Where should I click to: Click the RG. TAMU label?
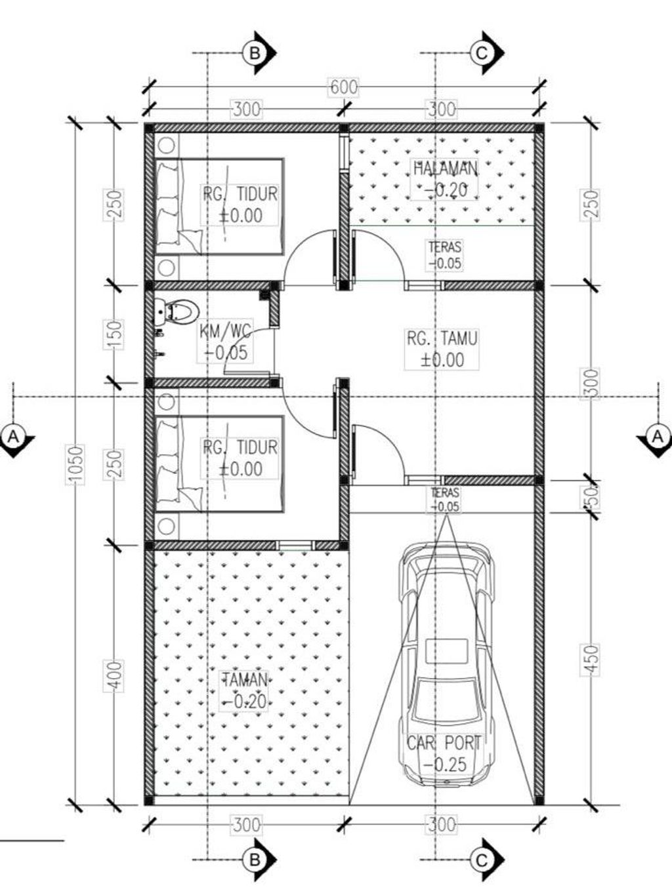(442, 338)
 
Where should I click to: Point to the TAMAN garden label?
(244, 680)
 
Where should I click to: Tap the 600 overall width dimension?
(344, 87)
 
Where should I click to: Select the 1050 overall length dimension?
(76, 466)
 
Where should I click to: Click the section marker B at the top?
(259, 53)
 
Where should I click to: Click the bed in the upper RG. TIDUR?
(220, 207)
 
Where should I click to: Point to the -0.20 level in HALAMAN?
(445, 190)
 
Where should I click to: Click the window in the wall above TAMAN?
(295, 546)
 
